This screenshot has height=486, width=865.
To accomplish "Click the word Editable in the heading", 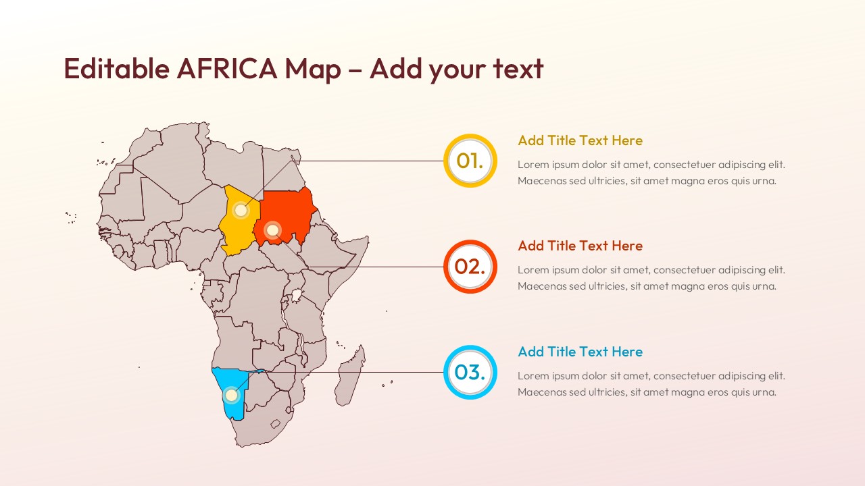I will [x=116, y=69].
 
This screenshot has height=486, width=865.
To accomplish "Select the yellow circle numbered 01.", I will [x=470, y=161].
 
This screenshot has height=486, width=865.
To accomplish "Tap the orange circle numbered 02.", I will [x=470, y=267].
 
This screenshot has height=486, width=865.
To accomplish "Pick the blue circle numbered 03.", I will [x=470, y=372].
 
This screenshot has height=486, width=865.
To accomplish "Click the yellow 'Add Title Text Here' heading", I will [x=580, y=140].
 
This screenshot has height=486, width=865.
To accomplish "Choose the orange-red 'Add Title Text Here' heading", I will [x=580, y=246].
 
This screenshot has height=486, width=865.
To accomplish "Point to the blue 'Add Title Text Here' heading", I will [x=580, y=352].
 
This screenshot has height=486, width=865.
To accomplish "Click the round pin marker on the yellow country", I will [x=241, y=210].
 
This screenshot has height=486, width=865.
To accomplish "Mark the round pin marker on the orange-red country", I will [x=272, y=231].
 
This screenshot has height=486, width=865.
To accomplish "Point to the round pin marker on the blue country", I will [x=231, y=395].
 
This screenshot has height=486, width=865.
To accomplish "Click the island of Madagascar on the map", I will [x=350, y=378].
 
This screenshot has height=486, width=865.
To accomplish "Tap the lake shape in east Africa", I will [x=296, y=295].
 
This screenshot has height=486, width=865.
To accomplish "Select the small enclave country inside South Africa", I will [x=276, y=424].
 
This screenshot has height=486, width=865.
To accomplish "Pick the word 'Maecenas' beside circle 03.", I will [x=542, y=392].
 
